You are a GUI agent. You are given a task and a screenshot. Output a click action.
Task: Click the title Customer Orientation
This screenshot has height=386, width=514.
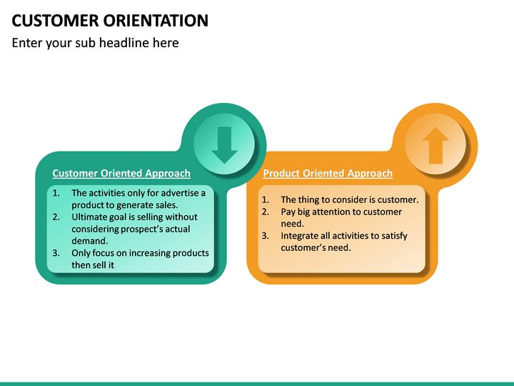(x=111, y=20)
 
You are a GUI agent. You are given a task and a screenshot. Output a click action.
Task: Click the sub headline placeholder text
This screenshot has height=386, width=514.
(x=96, y=43)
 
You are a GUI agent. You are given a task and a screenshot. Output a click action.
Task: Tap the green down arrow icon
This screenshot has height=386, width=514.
(x=224, y=144)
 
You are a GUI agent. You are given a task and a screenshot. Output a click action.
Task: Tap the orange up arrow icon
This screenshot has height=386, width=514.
(x=435, y=145)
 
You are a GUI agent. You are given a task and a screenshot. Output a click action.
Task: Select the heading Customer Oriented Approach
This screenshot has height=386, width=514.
(x=121, y=173)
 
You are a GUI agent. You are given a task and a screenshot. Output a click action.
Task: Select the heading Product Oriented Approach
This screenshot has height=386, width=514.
(x=328, y=173)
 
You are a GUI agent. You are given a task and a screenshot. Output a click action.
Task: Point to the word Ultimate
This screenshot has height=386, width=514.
(x=91, y=217)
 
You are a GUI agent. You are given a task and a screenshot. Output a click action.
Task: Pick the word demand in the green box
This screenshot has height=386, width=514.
(x=89, y=241)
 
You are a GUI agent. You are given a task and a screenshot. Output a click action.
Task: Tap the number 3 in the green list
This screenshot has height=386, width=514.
(x=56, y=253)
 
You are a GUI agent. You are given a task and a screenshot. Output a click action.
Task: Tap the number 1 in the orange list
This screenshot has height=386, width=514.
(x=265, y=200)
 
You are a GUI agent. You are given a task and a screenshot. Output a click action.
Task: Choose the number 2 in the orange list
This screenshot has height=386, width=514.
(x=265, y=212)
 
